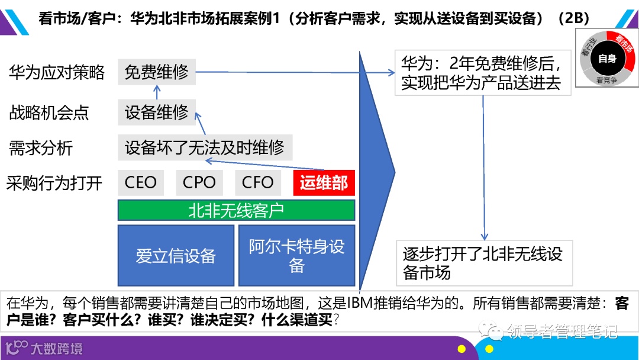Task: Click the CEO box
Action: click(x=141, y=182)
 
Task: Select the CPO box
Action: click(x=199, y=182)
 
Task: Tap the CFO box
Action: click(x=257, y=182)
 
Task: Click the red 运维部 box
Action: click(x=324, y=182)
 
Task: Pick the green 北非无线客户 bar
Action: click(x=236, y=210)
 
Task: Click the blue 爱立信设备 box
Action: click(x=176, y=255)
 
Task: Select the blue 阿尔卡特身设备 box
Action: click(x=296, y=255)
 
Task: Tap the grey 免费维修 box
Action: click(x=156, y=72)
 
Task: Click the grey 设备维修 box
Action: click(x=156, y=111)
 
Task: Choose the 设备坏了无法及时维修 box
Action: click(x=205, y=147)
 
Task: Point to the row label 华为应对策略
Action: click(x=57, y=73)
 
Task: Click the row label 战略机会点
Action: click(x=49, y=112)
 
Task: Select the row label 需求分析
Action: click(x=41, y=148)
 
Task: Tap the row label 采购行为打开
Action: click(x=54, y=183)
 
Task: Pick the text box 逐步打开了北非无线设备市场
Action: click(x=485, y=263)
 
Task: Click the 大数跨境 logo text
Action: click(x=57, y=348)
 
